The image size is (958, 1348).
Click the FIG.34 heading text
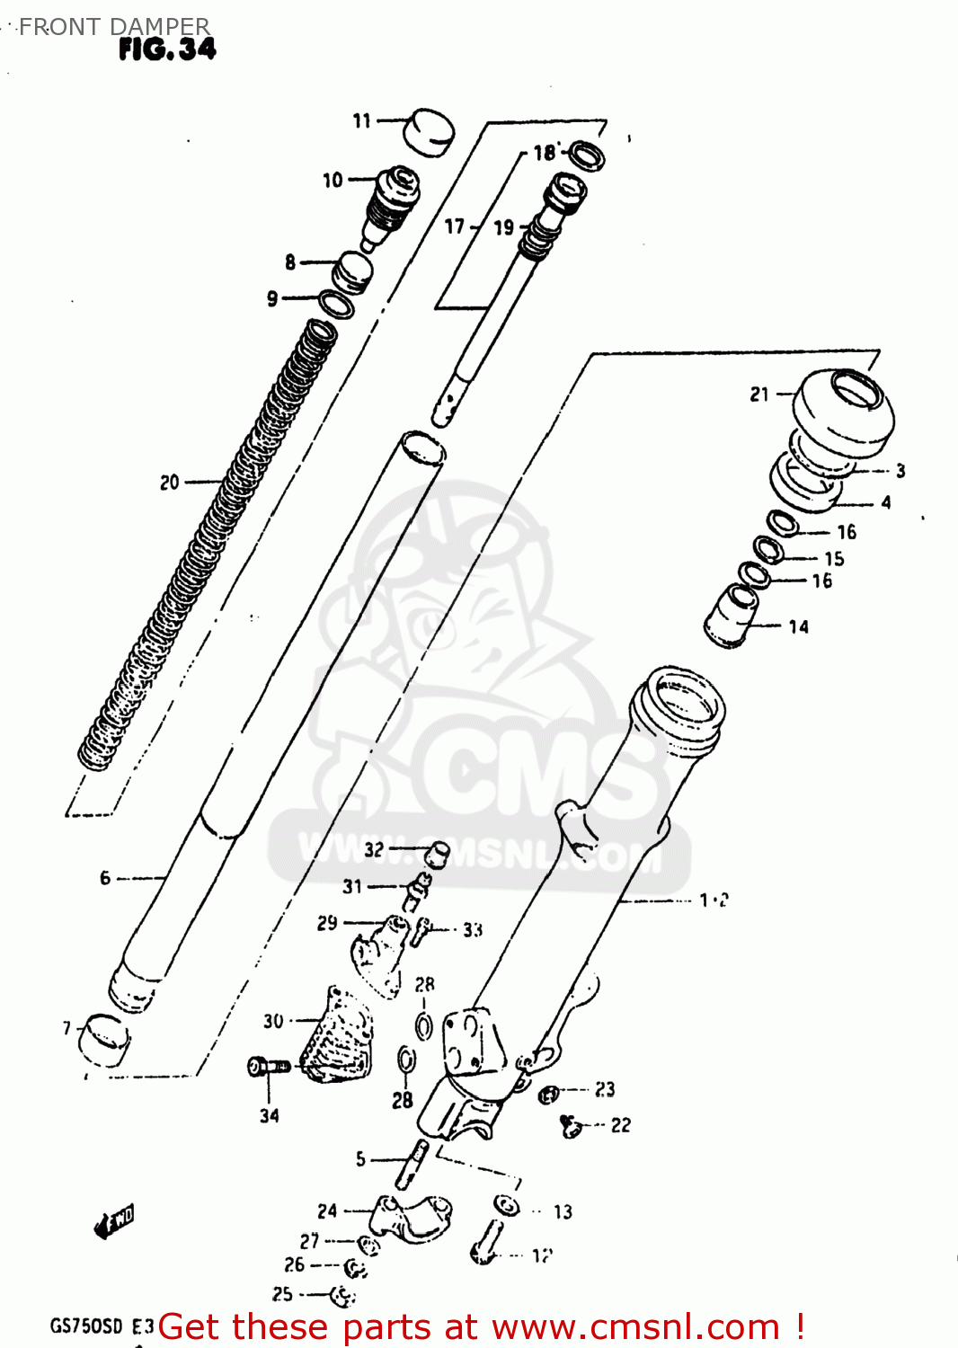[x=167, y=49]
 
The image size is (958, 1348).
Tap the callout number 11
[x=361, y=120]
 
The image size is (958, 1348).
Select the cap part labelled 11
[x=427, y=132]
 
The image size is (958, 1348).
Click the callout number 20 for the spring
[x=170, y=483]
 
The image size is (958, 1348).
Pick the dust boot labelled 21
[x=843, y=412]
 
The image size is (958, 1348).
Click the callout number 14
[x=799, y=626]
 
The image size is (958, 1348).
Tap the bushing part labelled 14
[x=732, y=616]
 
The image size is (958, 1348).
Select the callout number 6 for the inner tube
[x=105, y=878]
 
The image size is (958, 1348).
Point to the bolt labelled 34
[x=268, y=1067]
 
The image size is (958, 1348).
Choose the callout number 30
[x=273, y=1021]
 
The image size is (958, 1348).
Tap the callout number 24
[x=327, y=1211]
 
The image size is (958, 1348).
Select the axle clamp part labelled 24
[x=411, y=1218]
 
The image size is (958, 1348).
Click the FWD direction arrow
[x=114, y=1223]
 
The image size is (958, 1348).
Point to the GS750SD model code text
[x=85, y=1326]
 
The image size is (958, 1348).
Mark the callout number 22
[x=621, y=1125]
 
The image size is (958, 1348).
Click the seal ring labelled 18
[x=586, y=155]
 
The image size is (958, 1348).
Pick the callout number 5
[x=360, y=1159]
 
